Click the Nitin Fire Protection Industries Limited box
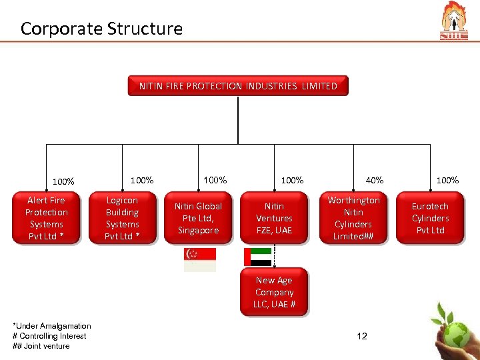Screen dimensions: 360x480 click(x=238, y=86)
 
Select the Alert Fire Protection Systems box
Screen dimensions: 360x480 click(x=46, y=218)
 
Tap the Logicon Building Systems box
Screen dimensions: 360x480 click(x=122, y=218)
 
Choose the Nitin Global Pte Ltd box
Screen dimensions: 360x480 click(x=198, y=218)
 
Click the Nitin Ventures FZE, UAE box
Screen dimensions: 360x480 click(x=274, y=218)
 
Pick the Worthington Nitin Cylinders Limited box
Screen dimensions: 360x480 click(x=353, y=218)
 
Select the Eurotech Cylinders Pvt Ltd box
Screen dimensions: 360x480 click(x=430, y=218)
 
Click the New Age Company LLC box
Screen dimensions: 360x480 click(x=274, y=292)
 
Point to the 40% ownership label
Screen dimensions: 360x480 click(x=375, y=180)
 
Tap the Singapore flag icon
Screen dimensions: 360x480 click(x=200, y=259)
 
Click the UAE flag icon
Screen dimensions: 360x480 click(x=257, y=257)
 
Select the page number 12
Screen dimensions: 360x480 click(x=362, y=336)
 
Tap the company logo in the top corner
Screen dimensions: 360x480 click(x=454, y=21)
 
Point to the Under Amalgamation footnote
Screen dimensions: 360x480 click(x=52, y=326)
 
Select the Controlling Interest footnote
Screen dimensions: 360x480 click(x=49, y=336)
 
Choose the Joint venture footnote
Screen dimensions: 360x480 click(x=41, y=346)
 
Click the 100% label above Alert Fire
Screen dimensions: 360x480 click(x=63, y=181)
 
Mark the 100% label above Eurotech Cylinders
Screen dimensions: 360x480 click(x=447, y=180)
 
